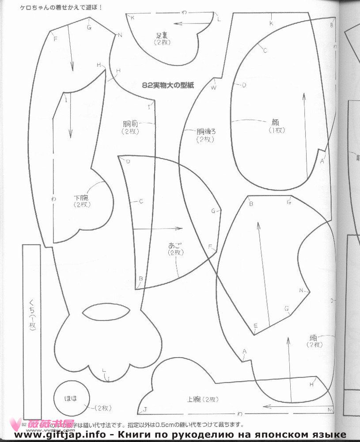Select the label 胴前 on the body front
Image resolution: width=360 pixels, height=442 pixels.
(x=130, y=124)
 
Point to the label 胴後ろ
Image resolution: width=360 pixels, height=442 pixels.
(x=206, y=131)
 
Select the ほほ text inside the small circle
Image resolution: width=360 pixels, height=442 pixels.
(x=71, y=399)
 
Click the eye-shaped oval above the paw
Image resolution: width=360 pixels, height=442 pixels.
(x=106, y=312)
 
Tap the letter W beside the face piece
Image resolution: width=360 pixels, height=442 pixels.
(x=214, y=88)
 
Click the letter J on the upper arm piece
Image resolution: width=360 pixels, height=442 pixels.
(x=145, y=409)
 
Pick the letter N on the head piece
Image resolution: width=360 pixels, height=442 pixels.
(x=302, y=290)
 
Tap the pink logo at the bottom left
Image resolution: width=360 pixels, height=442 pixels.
(x=46, y=424)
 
